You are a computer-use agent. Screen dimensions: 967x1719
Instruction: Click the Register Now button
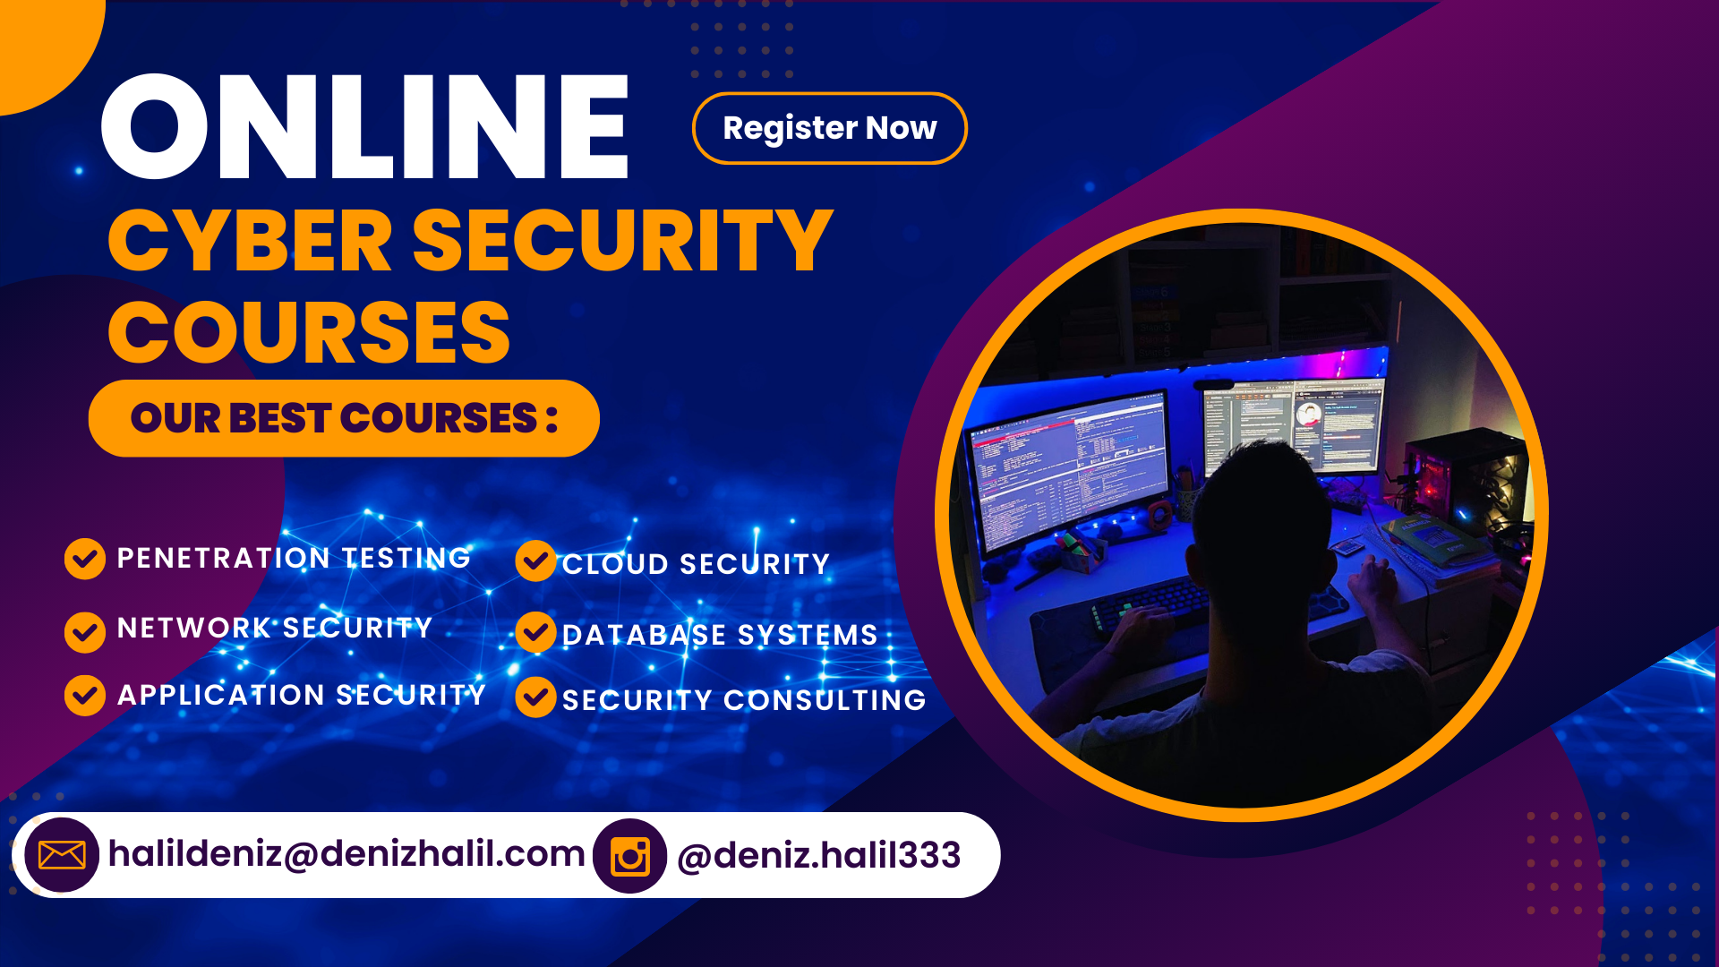pos(829,128)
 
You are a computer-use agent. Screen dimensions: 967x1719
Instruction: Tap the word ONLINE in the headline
pos(365,127)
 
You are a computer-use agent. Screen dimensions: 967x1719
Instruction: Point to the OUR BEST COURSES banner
pos(344,418)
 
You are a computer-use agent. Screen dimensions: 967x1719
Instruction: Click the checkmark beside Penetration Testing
pos(85,559)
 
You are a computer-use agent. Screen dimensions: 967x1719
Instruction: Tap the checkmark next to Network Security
pos(85,632)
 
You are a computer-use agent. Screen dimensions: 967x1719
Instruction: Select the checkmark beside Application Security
pos(85,696)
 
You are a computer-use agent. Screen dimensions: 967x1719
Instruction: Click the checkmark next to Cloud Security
pos(535,561)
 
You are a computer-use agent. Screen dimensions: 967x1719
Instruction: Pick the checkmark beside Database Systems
pos(535,632)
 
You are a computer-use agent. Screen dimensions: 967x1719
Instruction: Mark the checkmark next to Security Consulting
pos(535,697)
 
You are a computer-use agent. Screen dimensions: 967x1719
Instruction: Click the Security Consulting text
pos(744,700)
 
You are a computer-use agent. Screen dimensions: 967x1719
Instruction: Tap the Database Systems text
pos(720,635)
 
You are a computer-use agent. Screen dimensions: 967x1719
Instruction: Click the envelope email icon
pos(62,855)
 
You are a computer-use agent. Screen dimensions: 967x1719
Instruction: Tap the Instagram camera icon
pos(630,857)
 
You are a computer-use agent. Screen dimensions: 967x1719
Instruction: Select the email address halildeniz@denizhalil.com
pos(346,853)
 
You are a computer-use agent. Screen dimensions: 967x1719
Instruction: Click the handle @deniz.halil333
pos(818,855)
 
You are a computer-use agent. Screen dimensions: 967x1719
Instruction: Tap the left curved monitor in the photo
pos(1070,470)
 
